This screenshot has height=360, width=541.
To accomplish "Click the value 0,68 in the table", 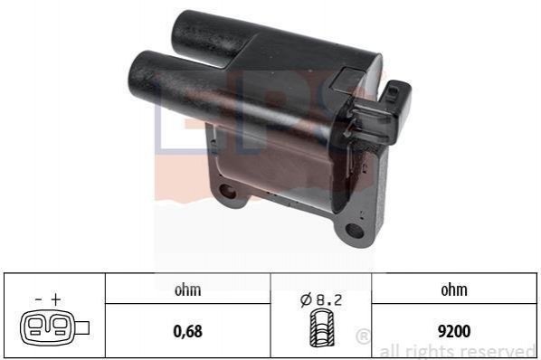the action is point(187,331).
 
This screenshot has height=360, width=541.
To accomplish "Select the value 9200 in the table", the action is point(454,331).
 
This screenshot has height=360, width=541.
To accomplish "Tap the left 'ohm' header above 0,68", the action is point(187,289).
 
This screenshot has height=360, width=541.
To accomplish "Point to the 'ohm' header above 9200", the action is point(454,289).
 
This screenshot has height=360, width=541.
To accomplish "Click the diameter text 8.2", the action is point(329,300).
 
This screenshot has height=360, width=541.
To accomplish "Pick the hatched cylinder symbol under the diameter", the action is point(321,328).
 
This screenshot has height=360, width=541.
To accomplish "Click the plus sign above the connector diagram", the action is point(55,299).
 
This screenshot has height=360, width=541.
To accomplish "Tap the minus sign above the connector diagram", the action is point(39,299).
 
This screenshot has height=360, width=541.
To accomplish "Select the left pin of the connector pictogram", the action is point(34,327).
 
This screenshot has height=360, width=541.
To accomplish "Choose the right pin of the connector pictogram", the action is point(60,327).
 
